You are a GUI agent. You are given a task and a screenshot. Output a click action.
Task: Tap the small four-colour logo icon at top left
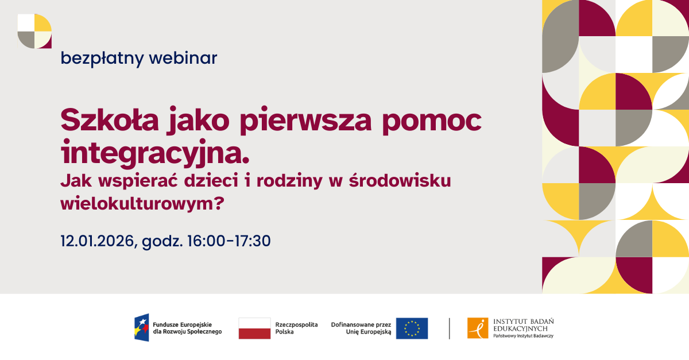(34, 31)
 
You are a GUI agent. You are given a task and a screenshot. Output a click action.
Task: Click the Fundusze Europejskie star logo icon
(142, 328)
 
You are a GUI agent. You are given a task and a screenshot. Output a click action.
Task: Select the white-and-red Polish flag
(254, 328)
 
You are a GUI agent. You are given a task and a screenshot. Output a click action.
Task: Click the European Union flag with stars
(412, 328)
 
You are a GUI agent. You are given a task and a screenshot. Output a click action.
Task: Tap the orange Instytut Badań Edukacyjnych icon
(478, 328)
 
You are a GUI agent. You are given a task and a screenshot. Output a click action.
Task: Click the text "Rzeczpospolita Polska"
(296, 328)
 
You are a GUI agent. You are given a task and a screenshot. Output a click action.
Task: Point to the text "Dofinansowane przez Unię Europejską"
(361, 328)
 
